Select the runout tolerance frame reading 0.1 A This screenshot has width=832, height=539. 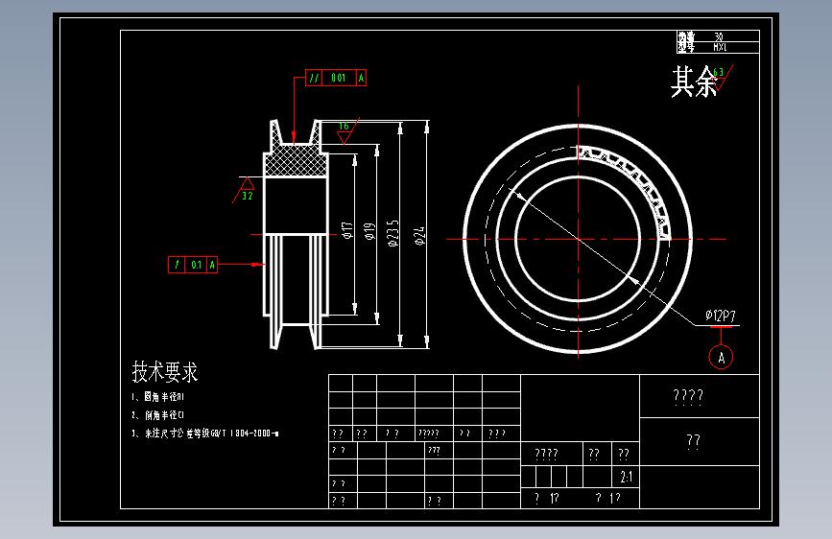pyautogui.click(x=193, y=264)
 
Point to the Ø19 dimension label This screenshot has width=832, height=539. pyautogui.click(x=369, y=231)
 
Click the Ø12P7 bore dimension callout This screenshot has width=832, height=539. pyautogui.click(x=720, y=316)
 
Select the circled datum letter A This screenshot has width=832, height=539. pyautogui.click(x=722, y=357)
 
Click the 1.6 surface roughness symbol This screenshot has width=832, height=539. pyautogui.click(x=344, y=128)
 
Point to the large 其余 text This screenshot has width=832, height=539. pyautogui.click(x=694, y=82)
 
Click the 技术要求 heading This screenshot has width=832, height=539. pyautogui.click(x=164, y=372)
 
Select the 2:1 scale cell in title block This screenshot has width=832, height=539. pyautogui.click(x=627, y=477)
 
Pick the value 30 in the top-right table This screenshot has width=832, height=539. pyautogui.click(x=720, y=36)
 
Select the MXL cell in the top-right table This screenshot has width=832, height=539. pyautogui.click(x=721, y=46)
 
